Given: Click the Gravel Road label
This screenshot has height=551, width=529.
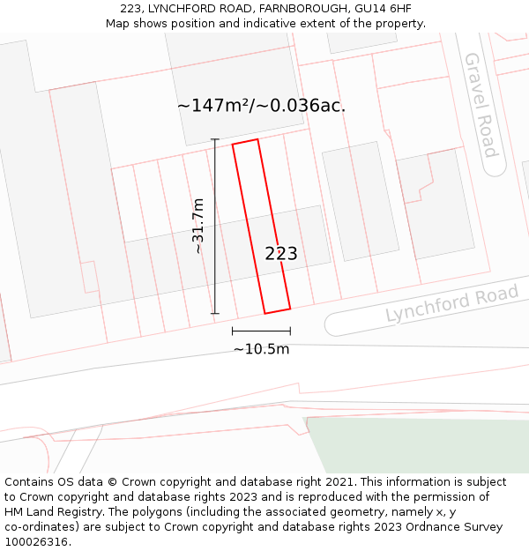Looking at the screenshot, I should [x=481, y=105].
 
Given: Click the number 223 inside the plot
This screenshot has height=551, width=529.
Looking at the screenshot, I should [x=281, y=254].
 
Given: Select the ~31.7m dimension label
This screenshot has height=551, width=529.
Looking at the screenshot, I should [x=198, y=226].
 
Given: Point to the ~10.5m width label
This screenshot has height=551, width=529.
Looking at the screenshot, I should [x=261, y=349].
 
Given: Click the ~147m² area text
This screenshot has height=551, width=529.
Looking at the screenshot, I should [x=215, y=106].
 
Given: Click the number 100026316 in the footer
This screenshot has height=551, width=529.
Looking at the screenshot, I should [x=34, y=542].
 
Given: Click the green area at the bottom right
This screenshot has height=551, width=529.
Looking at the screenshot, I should [x=423, y=445].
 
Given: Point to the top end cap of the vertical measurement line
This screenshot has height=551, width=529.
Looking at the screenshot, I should [x=215, y=139].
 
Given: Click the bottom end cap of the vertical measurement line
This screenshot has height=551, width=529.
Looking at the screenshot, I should [x=215, y=313].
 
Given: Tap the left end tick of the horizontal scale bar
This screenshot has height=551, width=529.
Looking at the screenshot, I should [x=233, y=331].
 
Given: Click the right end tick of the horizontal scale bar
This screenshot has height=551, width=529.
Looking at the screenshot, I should [x=290, y=331].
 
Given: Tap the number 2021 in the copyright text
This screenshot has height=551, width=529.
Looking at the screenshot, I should [x=339, y=482].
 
